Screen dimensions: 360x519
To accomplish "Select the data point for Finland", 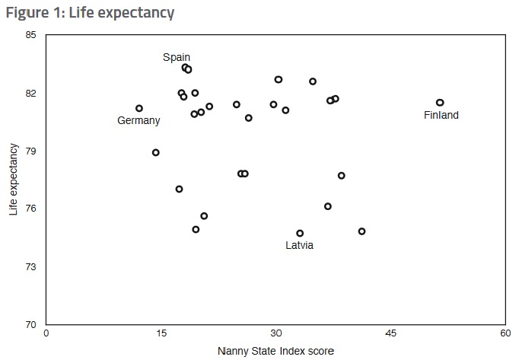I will pyautogui.click(x=440, y=103).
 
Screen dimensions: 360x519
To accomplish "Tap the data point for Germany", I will pyautogui.click(x=139, y=108).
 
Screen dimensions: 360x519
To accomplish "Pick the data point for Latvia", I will pyautogui.click(x=300, y=233).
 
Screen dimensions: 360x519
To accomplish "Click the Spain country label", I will pyautogui.click(x=177, y=57).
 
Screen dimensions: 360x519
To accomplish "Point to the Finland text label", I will pyautogui.click(x=441, y=116).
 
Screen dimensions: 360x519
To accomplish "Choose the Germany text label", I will pyautogui.click(x=139, y=121).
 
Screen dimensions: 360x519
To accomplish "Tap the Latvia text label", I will pyautogui.click(x=299, y=246).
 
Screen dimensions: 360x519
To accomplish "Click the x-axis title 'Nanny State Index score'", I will pyautogui.click(x=275, y=351).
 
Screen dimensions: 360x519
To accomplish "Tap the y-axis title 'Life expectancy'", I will pyautogui.click(x=14, y=180).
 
